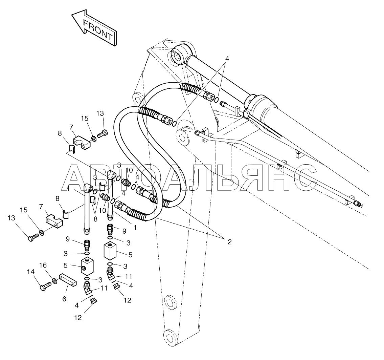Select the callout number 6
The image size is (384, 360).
coord(64,299)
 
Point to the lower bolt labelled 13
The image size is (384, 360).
coord(32,238)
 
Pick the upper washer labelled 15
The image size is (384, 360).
coord(93,138)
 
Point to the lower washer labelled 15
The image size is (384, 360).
coord(41,233)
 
